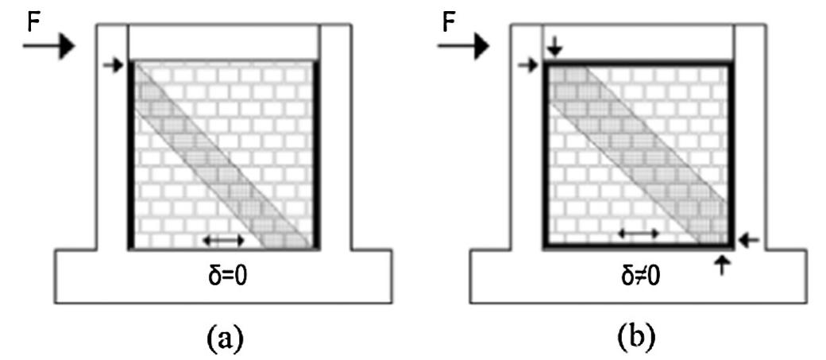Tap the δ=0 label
223,276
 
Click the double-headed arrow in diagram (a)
224,240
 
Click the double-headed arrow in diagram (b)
639,232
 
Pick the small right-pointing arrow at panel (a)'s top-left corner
114,65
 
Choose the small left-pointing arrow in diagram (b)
749,241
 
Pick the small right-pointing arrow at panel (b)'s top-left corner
528,65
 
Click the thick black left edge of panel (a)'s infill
131,155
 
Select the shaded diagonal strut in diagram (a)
224,155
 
